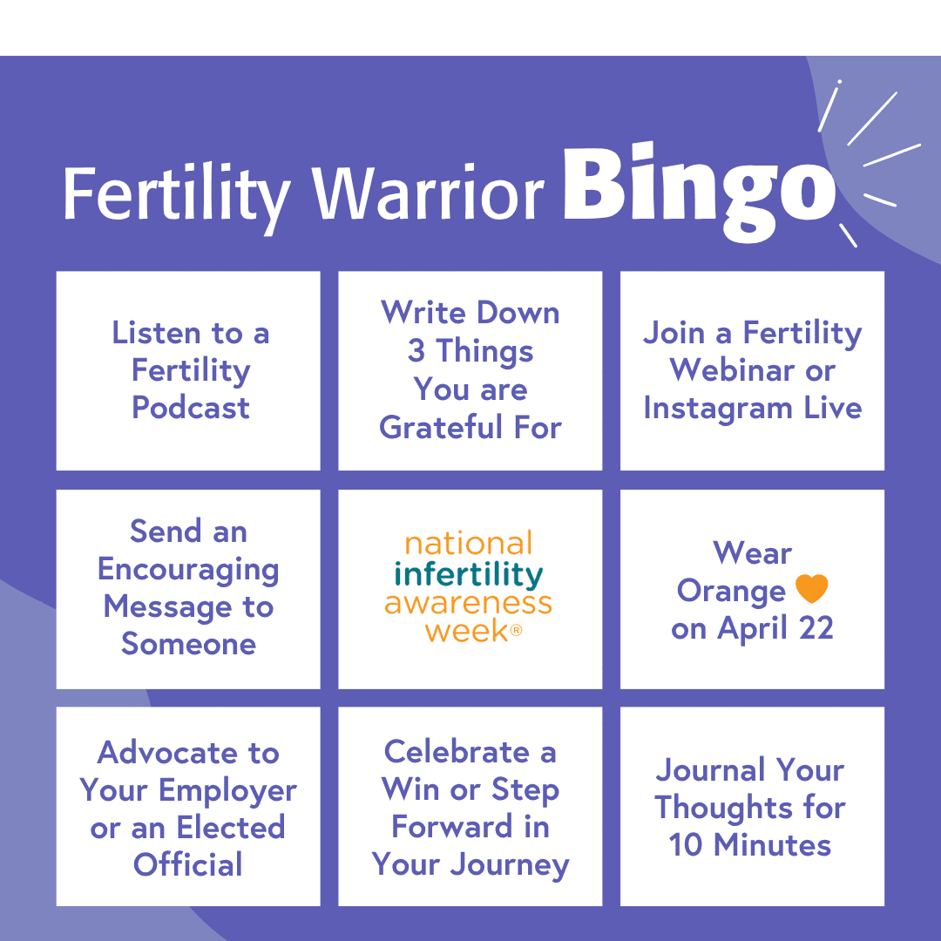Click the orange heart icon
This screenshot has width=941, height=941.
click(x=811, y=590)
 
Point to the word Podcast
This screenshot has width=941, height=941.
click(x=190, y=408)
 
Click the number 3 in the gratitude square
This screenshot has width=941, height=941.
click(x=416, y=351)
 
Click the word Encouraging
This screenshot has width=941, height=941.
click(x=188, y=569)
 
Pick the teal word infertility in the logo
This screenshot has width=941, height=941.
click(x=469, y=574)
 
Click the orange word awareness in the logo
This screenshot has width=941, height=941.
click(x=469, y=602)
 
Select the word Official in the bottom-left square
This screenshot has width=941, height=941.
click(x=188, y=864)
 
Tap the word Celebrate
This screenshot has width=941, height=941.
click(x=457, y=752)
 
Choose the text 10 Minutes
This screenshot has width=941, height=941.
click(x=750, y=844)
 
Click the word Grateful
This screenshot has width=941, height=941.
click(x=441, y=427)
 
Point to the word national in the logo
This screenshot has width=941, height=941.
click(x=469, y=544)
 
